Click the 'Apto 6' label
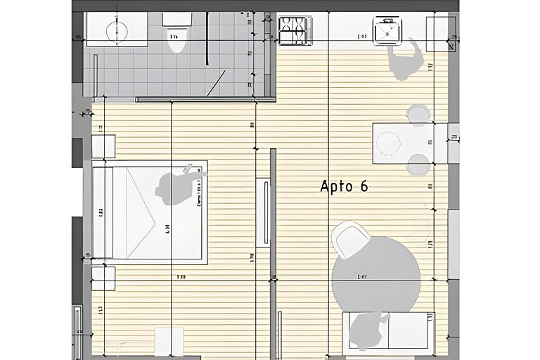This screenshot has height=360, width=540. (x=344, y=186)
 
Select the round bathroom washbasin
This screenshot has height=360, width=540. (x=116, y=31)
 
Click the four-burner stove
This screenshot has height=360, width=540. (x=294, y=31)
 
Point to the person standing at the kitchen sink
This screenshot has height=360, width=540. (x=406, y=60)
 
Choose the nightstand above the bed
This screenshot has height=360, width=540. (x=103, y=147)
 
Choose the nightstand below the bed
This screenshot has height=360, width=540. (x=103, y=278)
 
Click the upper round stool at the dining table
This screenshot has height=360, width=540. (x=418, y=114)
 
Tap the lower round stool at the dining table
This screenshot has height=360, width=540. (x=418, y=164)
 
